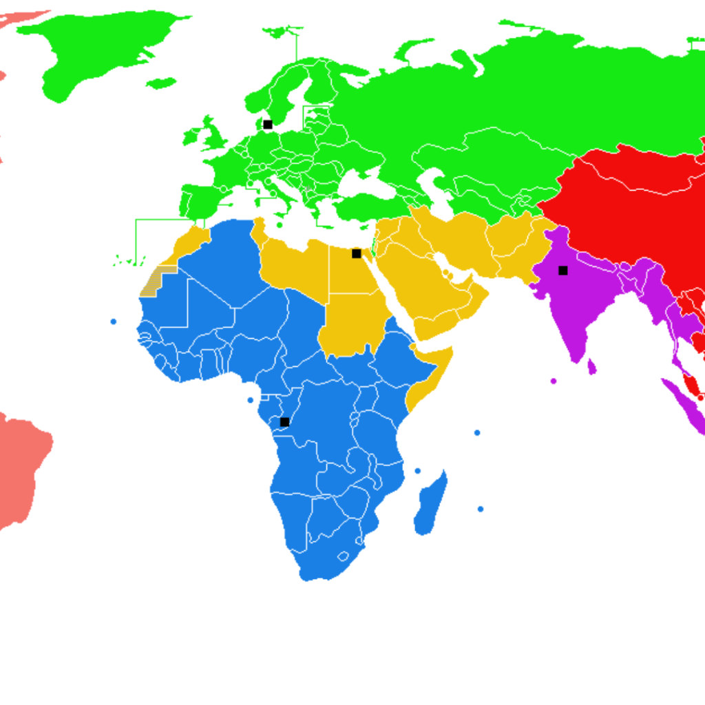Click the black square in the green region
coord(268,125)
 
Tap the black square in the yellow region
coord(356,253)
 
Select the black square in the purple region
coord(562,271)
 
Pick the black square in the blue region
coord(284,422)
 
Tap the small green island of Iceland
coord(161,83)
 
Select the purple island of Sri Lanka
coord(591,366)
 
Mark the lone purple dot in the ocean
coord(554,381)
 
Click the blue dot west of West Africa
coord(114,322)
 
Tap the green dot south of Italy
coord(280,225)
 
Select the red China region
coord(620,207)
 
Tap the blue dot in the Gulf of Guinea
coord(250,400)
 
